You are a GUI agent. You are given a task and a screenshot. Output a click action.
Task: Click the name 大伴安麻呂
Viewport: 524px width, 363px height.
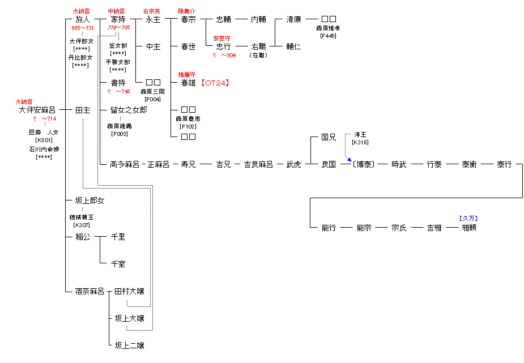click(37, 110)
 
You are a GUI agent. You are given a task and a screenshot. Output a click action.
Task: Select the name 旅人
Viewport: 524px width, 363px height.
click(83, 19)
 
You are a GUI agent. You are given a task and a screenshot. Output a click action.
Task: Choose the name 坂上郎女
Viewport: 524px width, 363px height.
click(90, 200)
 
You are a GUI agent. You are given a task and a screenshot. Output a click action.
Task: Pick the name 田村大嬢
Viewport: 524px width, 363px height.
click(129, 291)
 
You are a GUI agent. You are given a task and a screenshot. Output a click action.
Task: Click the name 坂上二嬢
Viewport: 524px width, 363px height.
click(129, 345)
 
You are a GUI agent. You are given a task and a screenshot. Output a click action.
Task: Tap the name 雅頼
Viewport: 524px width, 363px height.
click(469, 228)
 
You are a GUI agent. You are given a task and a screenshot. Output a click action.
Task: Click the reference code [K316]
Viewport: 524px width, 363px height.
click(361, 143)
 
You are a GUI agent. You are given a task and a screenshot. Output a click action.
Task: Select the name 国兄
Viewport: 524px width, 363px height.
click(329, 137)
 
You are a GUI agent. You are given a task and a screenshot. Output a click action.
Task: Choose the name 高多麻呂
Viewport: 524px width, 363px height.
click(124, 164)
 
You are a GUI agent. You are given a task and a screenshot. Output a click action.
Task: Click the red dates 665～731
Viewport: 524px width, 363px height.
click(83, 28)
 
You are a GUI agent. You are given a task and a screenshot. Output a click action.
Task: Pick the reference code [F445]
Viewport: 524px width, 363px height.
click(329, 36)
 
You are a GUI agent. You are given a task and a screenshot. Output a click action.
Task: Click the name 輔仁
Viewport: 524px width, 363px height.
click(293, 46)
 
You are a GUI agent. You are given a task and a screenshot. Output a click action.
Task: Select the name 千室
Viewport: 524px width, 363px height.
click(118, 264)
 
